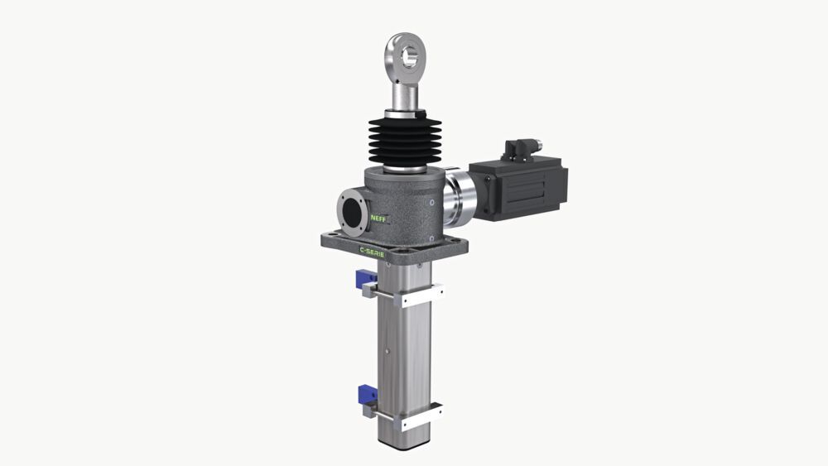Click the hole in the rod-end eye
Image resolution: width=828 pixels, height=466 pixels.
tap(409, 56)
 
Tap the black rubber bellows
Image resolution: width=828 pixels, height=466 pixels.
tap(405, 142)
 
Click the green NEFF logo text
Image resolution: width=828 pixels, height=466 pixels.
tap(378, 218)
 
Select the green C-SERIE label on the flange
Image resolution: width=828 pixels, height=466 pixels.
tap(373, 250)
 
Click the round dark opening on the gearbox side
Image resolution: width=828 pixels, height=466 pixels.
tap(351, 212)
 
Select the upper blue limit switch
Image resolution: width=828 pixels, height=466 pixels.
tap(365, 278)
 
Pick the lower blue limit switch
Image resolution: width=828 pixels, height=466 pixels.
tap(368, 394)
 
